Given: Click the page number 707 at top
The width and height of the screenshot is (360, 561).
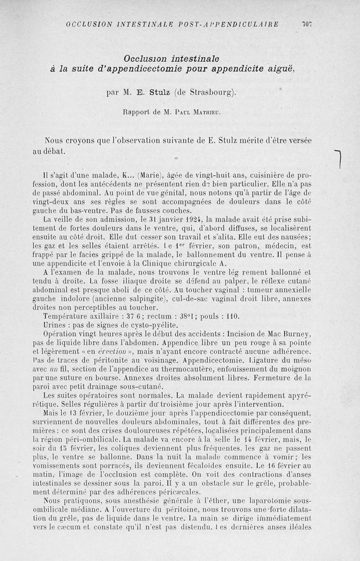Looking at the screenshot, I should coord(306,24).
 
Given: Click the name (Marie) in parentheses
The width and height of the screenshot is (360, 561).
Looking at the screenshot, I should coord(153,175).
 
